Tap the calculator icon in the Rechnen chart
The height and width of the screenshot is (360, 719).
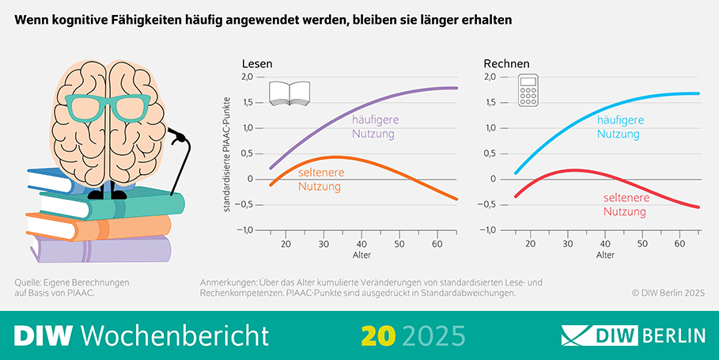pyautogui.click(x=528, y=92)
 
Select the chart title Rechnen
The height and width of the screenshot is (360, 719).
pyautogui.click(x=506, y=63)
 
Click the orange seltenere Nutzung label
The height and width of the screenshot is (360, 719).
pyautogui.click(x=320, y=180)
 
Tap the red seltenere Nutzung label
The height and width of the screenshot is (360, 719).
pyautogui.click(x=625, y=205)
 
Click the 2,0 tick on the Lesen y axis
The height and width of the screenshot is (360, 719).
pyautogui.click(x=248, y=77)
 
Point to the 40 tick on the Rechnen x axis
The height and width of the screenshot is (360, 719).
pyautogui.click(x=605, y=244)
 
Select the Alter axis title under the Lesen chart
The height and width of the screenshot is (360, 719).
pyautogui.click(x=361, y=256)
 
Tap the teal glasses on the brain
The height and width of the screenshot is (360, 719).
pyautogui.click(x=108, y=107)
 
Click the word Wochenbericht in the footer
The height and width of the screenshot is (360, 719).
pyautogui.click(x=175, y=335)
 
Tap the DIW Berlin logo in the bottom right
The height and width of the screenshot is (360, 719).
pyautogui.click(x=633, y=335)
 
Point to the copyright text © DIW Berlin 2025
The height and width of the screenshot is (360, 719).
pyautogui.click(x=668, y=292)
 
